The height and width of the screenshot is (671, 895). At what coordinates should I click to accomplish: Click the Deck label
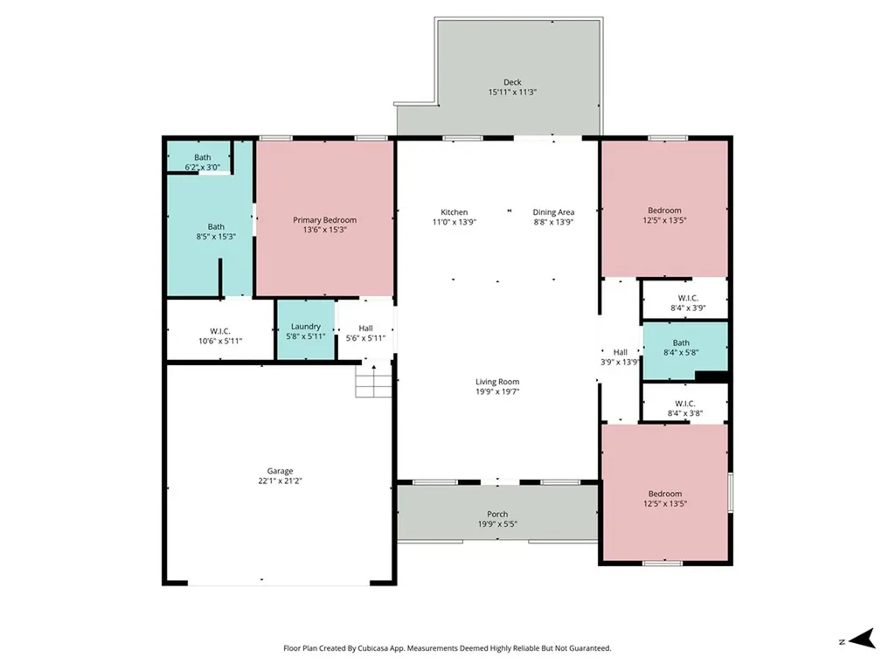click(x=511, y=83)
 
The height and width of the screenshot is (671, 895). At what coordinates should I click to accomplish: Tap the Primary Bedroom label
click(x=324, y=220)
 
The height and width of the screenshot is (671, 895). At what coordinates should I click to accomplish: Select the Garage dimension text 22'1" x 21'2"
click(x=280, y=481)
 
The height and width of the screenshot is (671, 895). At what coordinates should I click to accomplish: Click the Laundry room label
click(x=305, y=327)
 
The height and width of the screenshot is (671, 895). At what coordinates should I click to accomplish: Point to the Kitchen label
click(x=454, y=212)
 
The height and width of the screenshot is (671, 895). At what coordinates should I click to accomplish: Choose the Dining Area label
click(x=553, y=212)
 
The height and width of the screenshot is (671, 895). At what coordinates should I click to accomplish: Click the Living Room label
click(x=497, y=382)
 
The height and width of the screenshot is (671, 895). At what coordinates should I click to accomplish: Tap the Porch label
click(x=497, y=514)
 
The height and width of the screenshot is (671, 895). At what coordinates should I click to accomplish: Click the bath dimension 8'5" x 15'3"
click(x=216, y=237)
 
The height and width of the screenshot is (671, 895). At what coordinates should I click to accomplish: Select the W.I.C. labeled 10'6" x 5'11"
click(x=219, y=336)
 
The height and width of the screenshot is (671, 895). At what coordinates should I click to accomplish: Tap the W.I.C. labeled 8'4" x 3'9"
click(x=687, y=302)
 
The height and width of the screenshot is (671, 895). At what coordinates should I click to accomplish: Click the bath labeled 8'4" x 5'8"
click(x=680, y=348)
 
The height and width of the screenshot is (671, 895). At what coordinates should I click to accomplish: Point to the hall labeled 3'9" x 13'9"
click(x=620, y=356)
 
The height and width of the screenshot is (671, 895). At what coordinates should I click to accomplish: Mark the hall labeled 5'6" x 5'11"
click(x=365, y=332)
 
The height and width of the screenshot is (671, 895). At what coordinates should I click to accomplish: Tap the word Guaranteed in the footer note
click(x=589, y=648)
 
